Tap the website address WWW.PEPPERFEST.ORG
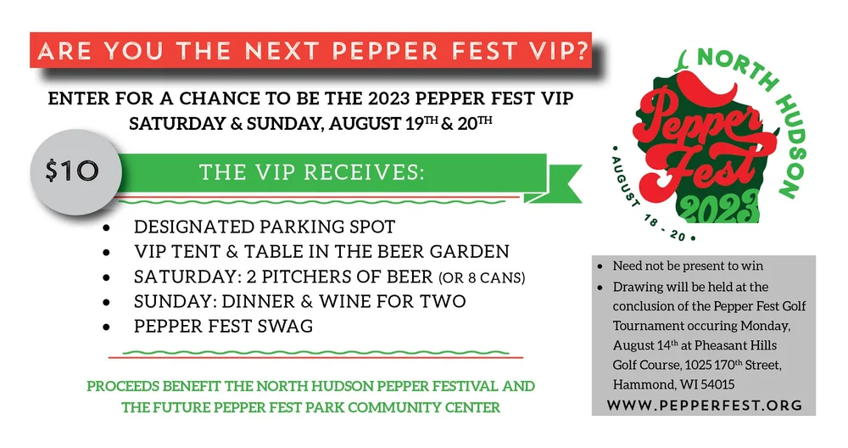706,405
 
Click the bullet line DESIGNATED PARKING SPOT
265,227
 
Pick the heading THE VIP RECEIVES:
311,172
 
